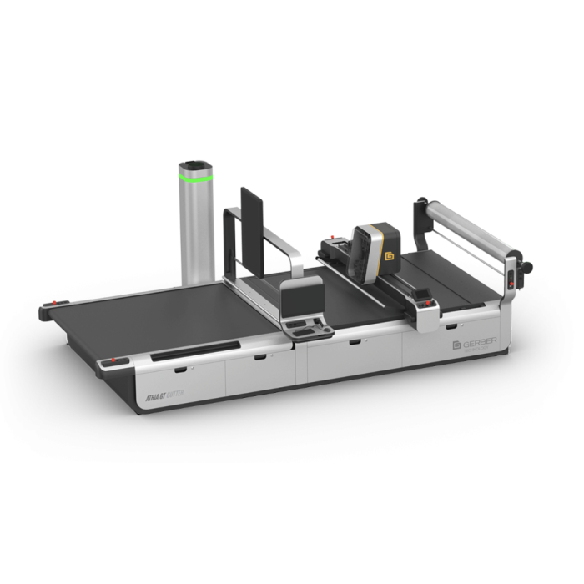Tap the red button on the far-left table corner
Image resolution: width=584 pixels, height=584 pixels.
click(56, 302)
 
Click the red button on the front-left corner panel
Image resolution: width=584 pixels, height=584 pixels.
click(116, 360)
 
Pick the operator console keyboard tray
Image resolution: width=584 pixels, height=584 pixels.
click(308, 327)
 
